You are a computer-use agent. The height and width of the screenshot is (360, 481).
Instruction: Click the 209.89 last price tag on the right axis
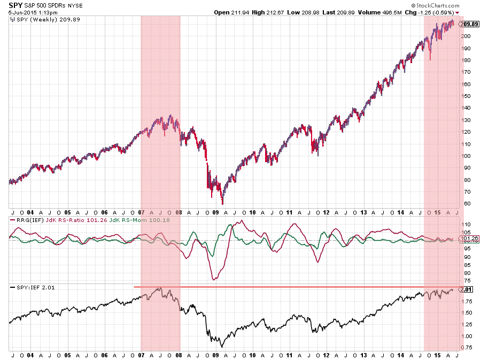(x=468, y=24)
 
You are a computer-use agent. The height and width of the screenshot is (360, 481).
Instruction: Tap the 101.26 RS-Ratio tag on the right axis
(x=468, y=238)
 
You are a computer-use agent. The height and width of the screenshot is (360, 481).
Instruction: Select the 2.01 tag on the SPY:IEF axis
(x=467, y=289)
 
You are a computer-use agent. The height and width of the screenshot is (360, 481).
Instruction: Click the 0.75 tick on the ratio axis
(x=466, y=348)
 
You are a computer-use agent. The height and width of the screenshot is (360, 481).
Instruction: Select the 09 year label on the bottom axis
(x=215, y=355)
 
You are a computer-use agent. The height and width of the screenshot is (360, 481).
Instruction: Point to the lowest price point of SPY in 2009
(x=222, y=204)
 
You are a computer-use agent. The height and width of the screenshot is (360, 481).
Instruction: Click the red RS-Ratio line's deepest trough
(x=214, y=279)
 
